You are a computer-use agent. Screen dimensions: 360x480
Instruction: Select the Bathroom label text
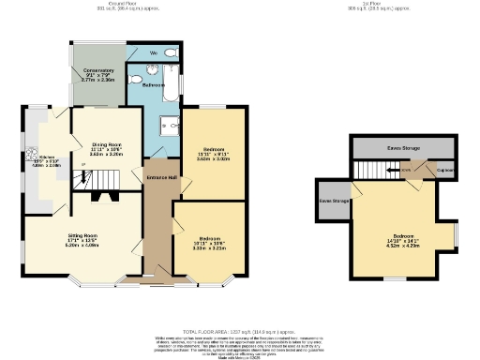(154, 84)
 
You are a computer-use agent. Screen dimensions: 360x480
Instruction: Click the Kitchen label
(45, 157)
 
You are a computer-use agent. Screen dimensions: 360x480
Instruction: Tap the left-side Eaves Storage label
(334, 201)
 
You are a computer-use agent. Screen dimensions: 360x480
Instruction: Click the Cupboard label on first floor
(445, 170)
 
